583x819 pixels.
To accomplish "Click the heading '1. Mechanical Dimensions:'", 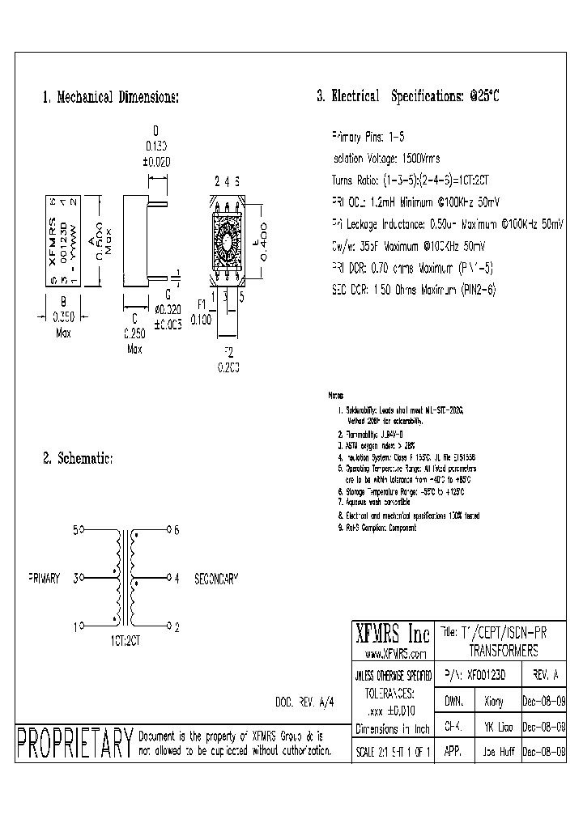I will point(110,97).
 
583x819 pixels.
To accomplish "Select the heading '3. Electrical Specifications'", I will point(408,96).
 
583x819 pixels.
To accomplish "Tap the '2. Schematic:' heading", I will point(77,459).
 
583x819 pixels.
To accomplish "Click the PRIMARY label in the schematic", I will point(45,579).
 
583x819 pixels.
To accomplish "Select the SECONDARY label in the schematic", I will point(217,579).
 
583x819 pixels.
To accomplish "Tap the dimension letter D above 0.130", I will point(155,129).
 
